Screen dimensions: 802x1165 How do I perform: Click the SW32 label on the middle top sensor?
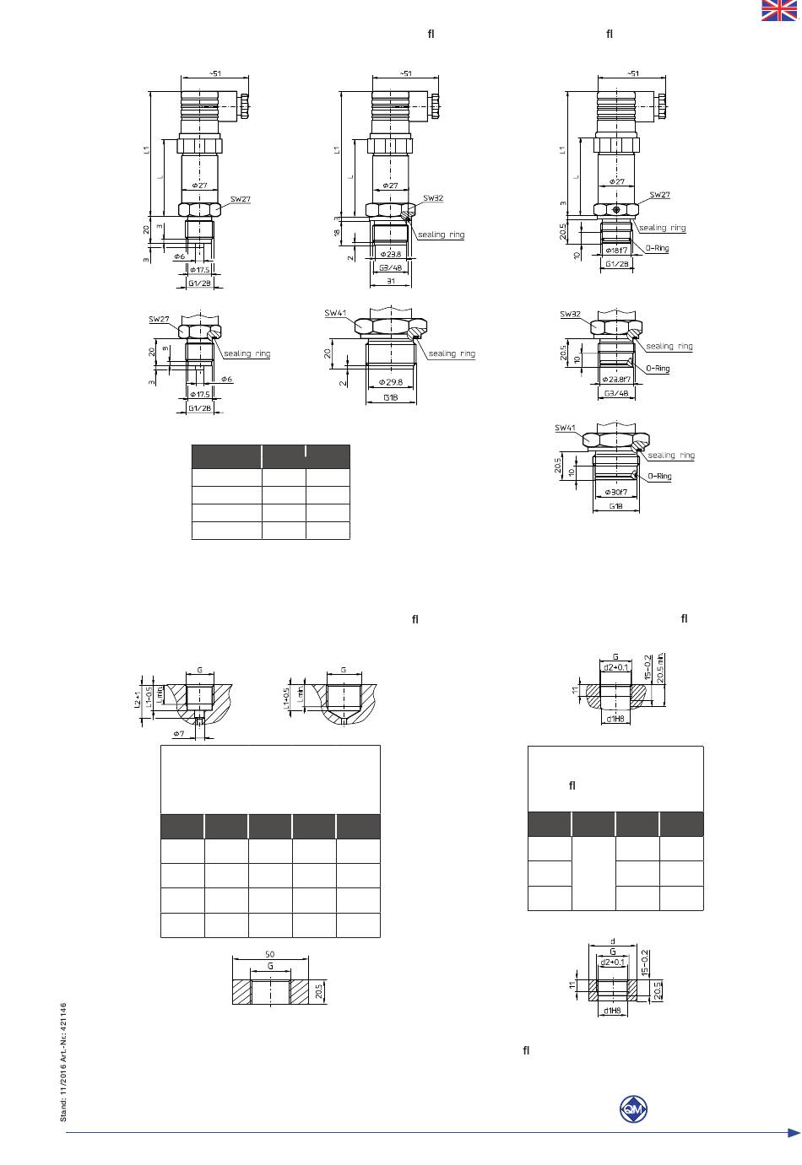[x=433, y=199]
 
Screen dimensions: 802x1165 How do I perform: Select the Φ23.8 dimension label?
[x=390, y=253]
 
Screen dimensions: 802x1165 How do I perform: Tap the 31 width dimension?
[x=390, y=281]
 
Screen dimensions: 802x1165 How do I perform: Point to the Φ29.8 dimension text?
[x=390, y=383]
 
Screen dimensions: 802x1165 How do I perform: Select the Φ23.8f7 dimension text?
[x=616, y=380]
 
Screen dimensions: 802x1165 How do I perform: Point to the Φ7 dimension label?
[x=179, y=734]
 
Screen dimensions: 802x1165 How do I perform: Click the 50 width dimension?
[x=270, y=955]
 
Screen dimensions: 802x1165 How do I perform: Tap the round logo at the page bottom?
[x=632, y=1108]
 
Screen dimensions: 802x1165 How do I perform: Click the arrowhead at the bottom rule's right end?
[x=794, y=1133]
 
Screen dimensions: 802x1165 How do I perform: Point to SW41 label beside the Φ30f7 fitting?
[x=565, y=428]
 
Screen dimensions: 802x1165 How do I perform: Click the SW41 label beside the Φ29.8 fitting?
[x=335, y=313]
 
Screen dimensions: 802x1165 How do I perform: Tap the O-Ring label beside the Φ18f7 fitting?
[x=658, y=249]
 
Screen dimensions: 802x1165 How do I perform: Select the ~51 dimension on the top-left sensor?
[x=214, y=73]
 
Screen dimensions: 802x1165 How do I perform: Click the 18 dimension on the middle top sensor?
[x=337, y=232]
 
